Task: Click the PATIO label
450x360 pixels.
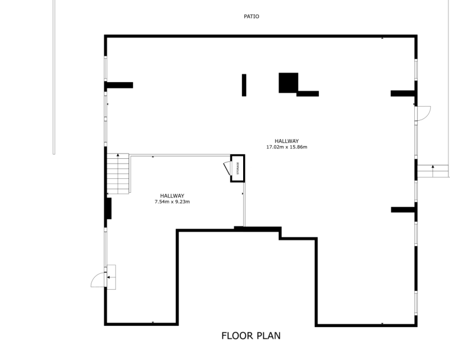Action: point(251,16)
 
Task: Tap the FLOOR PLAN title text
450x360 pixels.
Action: point(251,335)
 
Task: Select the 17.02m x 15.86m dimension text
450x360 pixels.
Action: point(287,147)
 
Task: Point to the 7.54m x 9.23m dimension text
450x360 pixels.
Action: point(172,202)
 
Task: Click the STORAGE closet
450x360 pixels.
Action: point(238,168)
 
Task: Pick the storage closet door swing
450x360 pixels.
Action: point(227,168)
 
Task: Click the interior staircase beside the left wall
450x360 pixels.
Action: point(118,174)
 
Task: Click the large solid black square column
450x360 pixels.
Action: point(288,83)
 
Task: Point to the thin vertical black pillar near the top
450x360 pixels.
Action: point(244,85)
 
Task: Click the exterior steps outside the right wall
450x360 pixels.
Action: point(433,171)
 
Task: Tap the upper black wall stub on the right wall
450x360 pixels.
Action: point(403,93)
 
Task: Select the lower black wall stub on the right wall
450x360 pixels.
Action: point(403,209)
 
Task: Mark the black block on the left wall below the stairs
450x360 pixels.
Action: point(109,208)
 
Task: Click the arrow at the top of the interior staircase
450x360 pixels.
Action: point(118,155)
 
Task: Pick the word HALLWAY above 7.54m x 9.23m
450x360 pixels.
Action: point(172,196)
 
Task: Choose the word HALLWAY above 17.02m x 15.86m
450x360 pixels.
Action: point(287,141)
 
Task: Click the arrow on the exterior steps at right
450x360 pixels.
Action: point(433,167)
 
